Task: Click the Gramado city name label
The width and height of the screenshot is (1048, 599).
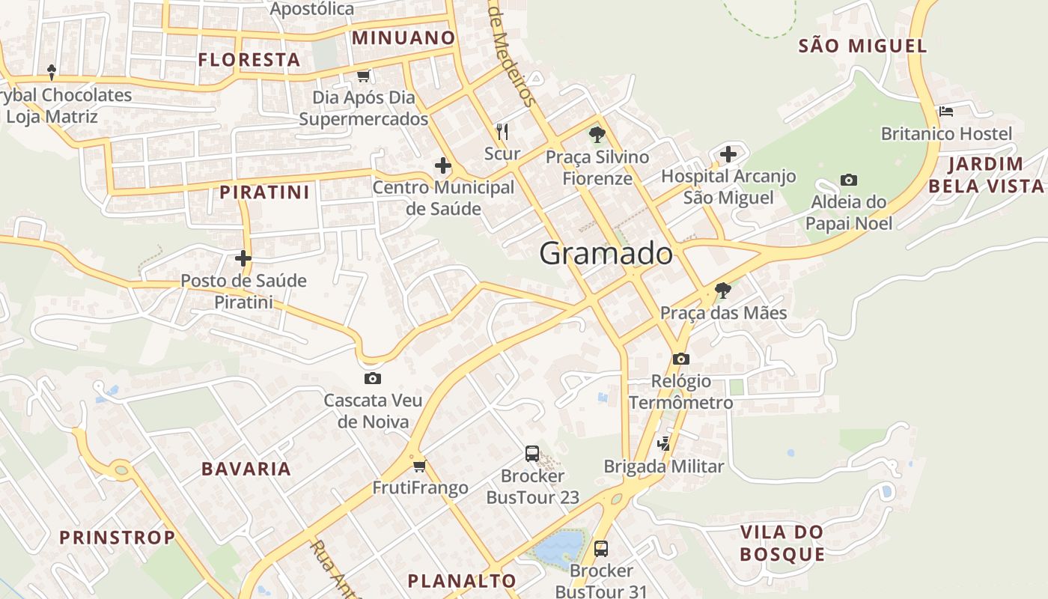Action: click(x=606, y=254)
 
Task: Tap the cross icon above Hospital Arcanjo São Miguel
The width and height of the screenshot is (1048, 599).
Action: click(x=728, y=155)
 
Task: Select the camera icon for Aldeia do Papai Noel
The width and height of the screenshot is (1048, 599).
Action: click(x=848, y=180)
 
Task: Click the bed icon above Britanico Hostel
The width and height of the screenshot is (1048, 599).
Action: click(x=946, y=112)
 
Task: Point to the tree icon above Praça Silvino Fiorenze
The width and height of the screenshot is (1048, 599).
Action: click(x=597, y=135)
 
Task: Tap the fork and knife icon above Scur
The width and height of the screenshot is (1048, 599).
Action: click(x=502, y=132)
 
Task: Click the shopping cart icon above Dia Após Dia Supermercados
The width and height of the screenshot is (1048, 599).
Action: click(x=364, y=76)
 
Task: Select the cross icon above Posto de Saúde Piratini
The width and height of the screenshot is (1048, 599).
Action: click(x=243, y=258)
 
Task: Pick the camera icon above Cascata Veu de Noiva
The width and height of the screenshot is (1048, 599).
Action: click(x=372, y=378)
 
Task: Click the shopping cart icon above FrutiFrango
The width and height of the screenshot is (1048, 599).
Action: click(x=419, y=466)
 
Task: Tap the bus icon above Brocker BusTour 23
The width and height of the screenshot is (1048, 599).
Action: click(x=531, y=453)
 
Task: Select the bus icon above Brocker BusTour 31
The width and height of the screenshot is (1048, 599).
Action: click(x=600, y=548)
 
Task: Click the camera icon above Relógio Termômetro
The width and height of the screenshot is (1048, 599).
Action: click(x=680, y=359)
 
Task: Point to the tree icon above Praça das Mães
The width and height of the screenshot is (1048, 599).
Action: click(x=722, y=290)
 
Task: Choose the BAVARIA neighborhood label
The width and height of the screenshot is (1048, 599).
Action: click(x=246, y=469)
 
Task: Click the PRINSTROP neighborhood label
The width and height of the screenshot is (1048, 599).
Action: click(x=117, y=537)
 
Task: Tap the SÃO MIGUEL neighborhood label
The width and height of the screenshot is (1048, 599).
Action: click(x=862, y=46)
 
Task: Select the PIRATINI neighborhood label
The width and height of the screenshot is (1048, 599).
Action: click(x=264, y=192)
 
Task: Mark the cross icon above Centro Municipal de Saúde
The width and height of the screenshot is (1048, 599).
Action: click(x=443, y=165)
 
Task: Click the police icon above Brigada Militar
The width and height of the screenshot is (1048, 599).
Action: click(x=663, y=444)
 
